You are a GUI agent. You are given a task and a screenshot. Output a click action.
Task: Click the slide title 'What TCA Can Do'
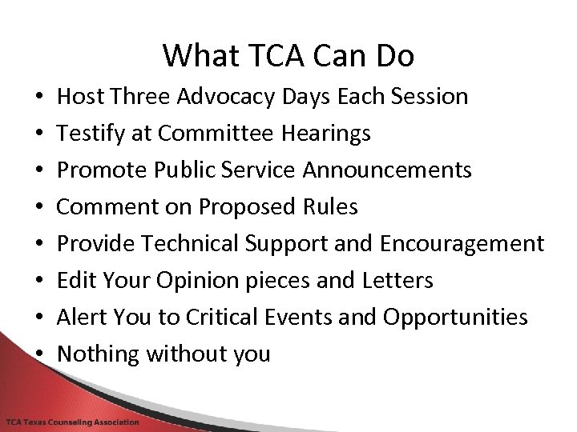click(288, 55)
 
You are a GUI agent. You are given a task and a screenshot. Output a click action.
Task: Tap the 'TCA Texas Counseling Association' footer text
click(73, 422)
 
